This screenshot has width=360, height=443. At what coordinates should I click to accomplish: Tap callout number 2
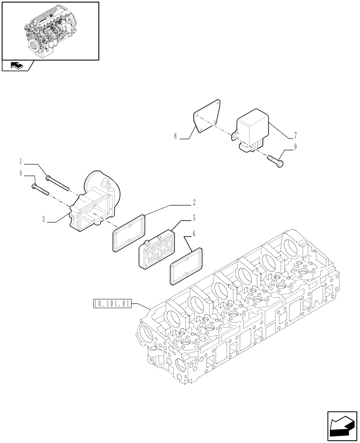pos(194,202)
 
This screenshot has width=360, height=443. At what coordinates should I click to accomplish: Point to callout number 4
pos(20,173)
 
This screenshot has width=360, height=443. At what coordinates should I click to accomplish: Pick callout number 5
pos(194,217)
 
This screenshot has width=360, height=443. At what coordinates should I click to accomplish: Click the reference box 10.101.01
pos(113,303)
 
